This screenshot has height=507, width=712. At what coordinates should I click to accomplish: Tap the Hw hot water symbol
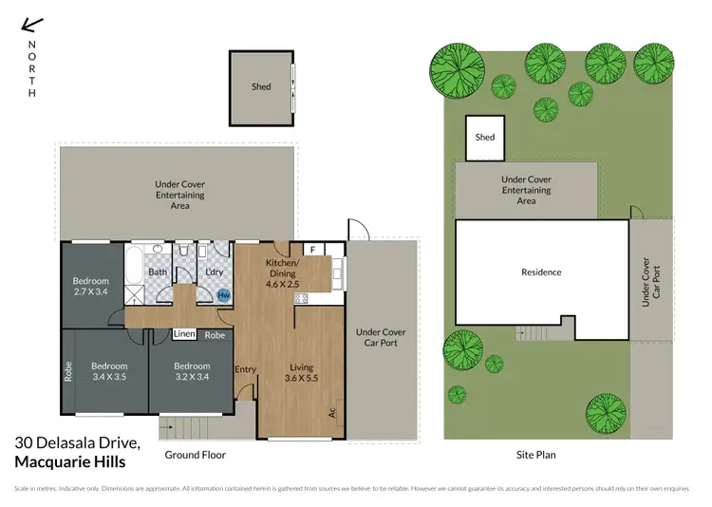click(224, 296)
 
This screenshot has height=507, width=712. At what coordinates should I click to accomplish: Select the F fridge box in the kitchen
click(311, 249)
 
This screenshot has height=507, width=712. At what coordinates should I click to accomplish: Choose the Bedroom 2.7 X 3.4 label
click(91, 287)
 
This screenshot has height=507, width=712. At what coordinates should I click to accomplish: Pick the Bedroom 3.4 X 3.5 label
click(109, 371)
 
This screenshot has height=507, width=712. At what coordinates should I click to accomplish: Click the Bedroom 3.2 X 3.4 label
click(192, 371)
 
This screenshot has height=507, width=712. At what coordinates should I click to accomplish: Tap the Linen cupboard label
click(185, 335)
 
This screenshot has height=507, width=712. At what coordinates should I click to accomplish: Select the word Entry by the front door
click(245, 369)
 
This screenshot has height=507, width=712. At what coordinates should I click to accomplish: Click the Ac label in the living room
click(332, 413)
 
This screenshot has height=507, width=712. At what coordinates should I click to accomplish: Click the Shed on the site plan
click(484, 138)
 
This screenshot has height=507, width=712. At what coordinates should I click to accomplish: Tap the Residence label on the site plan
click(541, 272)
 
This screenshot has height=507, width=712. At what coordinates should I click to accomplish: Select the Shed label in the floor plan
click(261, 87)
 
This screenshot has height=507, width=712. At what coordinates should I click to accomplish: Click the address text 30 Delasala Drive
click(78, 442)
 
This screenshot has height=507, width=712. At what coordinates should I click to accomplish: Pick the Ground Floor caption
click(195, 455)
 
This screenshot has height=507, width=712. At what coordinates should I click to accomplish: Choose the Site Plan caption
click(534, 455)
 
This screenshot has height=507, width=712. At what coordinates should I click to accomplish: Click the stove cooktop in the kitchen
click(302, 298)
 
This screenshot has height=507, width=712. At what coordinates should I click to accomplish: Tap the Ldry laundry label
click(214, 272)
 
